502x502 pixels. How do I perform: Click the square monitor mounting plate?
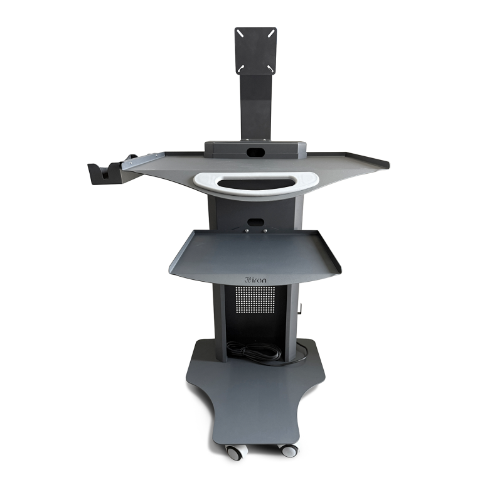pyautogui.click(x=255, y=50)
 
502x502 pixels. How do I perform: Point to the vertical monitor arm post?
pyautogui.click(x=255, y=107)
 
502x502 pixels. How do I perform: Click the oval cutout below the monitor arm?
pyautogui.click(x=256, y=152)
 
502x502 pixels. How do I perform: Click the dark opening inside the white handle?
pyautogui.click(x=256, y=183)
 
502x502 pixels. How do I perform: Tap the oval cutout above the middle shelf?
pyautogui.click(x=256, y=222)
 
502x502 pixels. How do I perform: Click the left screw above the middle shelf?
pyautogui.click(x=247, y=230)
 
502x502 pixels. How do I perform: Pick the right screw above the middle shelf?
pyautogui.click(x=265, y=230)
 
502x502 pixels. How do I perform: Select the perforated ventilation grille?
pyautogui.click(x=256, y=300)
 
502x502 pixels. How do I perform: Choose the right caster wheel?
pyautogui.click(x=289, y=450)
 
